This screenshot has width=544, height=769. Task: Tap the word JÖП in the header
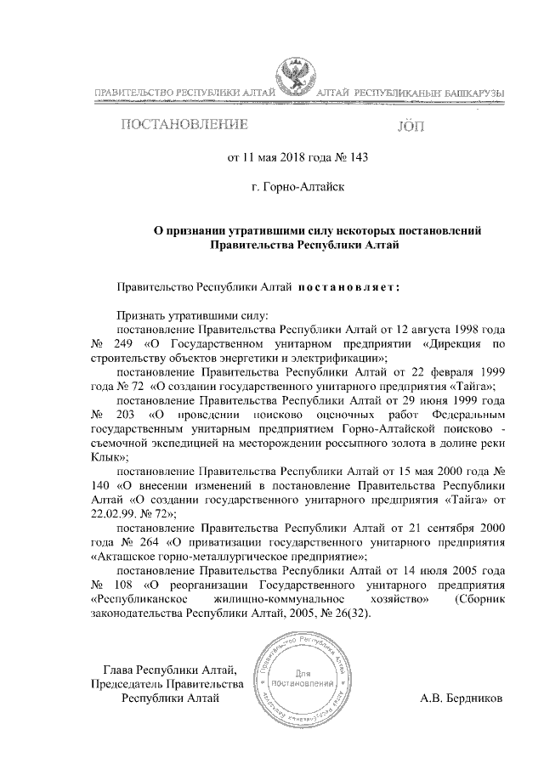coord(415,127)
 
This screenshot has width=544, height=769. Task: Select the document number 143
coord(358,156)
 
